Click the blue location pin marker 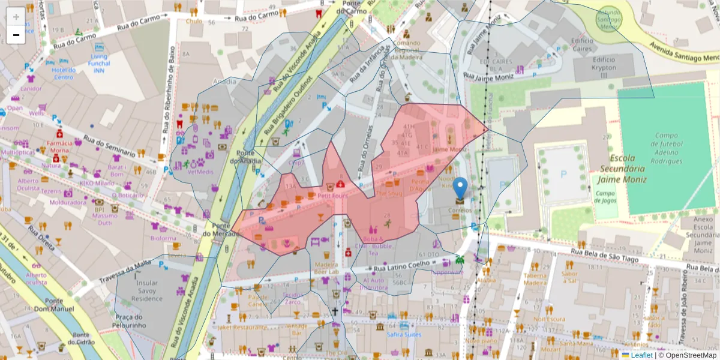(460, 188)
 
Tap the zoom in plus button (16, 16)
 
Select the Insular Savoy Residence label (146, 290)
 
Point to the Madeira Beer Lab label (326, 268)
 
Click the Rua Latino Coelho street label (398, 265)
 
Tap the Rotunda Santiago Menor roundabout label (608, 20)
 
